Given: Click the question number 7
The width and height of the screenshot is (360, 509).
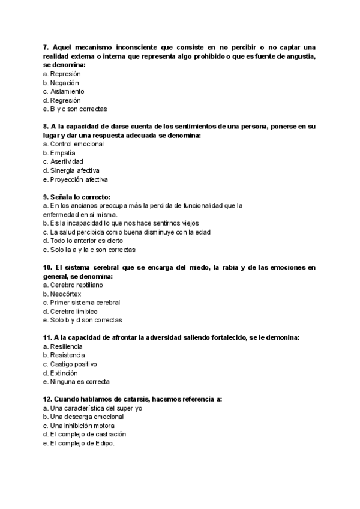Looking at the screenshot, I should pyautogui.click(x=46, y=47).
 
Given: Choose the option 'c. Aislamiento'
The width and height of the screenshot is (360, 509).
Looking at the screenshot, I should pyautogui.click(x=64, y=91).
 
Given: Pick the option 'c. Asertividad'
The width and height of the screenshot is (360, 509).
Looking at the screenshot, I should pyautogui.click(x=63, y=162).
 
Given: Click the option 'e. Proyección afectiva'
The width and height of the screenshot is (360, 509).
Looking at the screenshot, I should pyautogui.click(x=76, y=179).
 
